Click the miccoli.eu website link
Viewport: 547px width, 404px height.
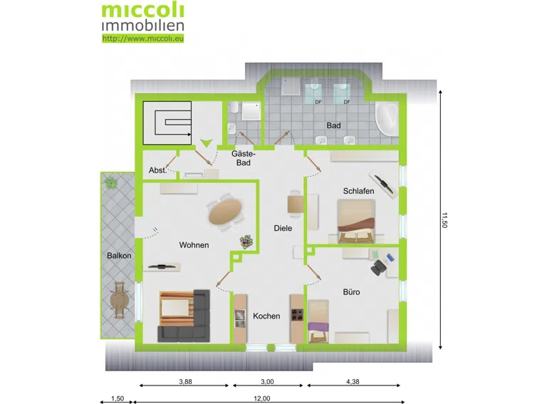click(142, 38)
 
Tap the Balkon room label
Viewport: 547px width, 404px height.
click(119, 255)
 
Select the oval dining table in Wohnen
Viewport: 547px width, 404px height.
click(225, 212)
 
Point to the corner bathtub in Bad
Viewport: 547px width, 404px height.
click(387, 118)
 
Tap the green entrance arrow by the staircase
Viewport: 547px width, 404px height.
click(206, 143)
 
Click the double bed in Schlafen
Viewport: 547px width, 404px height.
click(356, 221)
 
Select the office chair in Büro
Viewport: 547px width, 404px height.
click(377, 268)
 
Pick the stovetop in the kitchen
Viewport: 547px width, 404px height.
click(297, 314)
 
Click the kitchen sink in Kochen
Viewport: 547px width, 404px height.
click(240, 319)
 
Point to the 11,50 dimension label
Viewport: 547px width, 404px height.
click(444, 220)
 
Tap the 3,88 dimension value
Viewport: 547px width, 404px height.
click(185, 382)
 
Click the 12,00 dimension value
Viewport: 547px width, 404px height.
click(261, 399)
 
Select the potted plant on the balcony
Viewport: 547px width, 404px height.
click(111, 182)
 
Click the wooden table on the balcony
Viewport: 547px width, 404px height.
click(120, 300)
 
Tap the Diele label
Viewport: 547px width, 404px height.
click(283, 228)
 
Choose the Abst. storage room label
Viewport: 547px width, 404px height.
click(157, 170)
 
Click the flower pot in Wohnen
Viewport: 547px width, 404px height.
click(246, 242)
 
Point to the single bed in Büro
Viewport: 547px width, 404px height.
click(318, 321)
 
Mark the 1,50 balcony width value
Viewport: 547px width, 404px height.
click(118, 399)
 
